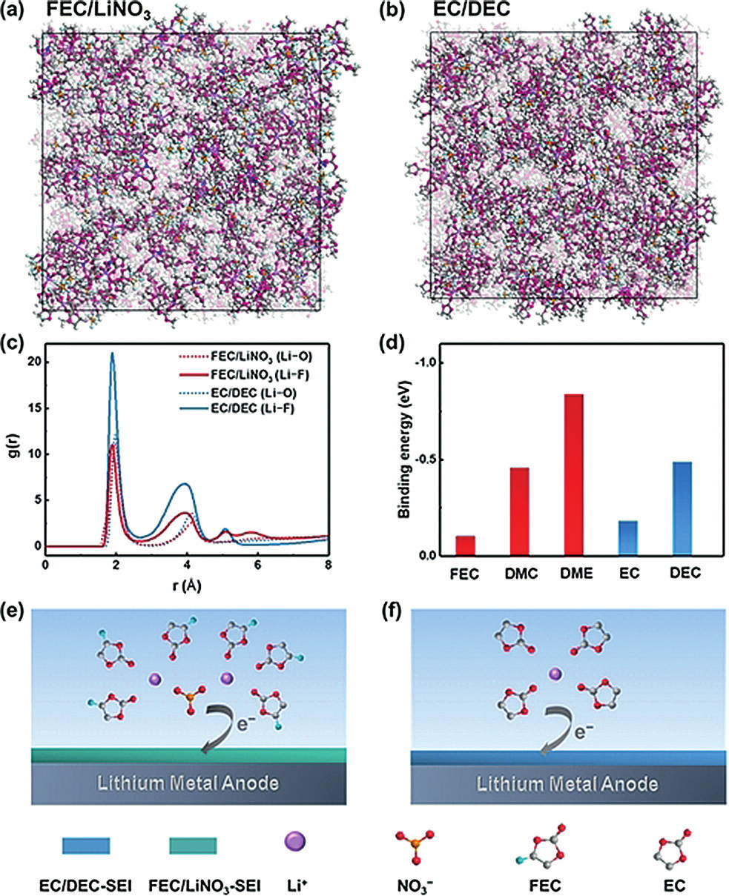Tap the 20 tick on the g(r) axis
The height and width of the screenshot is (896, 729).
(x=31, y=362)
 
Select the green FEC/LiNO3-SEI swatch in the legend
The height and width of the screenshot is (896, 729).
(x=193, y=846)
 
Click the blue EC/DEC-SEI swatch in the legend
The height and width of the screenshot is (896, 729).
(x=86, y=846)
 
